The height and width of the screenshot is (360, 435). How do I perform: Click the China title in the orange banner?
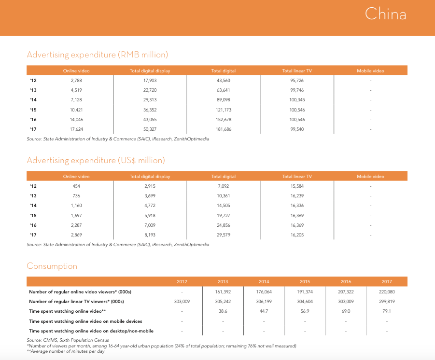385,14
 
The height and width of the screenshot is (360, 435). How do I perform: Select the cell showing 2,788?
76,81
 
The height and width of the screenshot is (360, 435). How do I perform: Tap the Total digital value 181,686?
224,129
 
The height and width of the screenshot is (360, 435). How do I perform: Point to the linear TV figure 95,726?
297,81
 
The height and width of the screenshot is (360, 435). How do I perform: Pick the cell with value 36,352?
150,110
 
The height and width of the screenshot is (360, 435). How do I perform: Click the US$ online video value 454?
76,186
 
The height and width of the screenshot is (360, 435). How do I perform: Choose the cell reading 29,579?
224,235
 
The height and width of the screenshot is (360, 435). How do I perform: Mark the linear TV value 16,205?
297,235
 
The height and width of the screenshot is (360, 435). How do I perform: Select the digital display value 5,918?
150,215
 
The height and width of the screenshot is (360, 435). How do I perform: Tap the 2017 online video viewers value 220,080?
387,292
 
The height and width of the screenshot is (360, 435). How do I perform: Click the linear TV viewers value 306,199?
264,302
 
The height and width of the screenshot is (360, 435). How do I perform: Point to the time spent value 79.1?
387,311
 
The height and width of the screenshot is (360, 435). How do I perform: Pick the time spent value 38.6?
223,311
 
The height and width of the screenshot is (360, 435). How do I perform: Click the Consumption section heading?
52,266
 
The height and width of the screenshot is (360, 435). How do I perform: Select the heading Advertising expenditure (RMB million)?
97,55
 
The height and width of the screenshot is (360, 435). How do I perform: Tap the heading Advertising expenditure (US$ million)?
96,160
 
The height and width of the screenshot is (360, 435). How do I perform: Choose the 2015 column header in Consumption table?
305,282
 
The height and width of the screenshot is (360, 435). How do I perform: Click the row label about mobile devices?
85,321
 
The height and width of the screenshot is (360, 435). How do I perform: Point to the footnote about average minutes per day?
66,351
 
